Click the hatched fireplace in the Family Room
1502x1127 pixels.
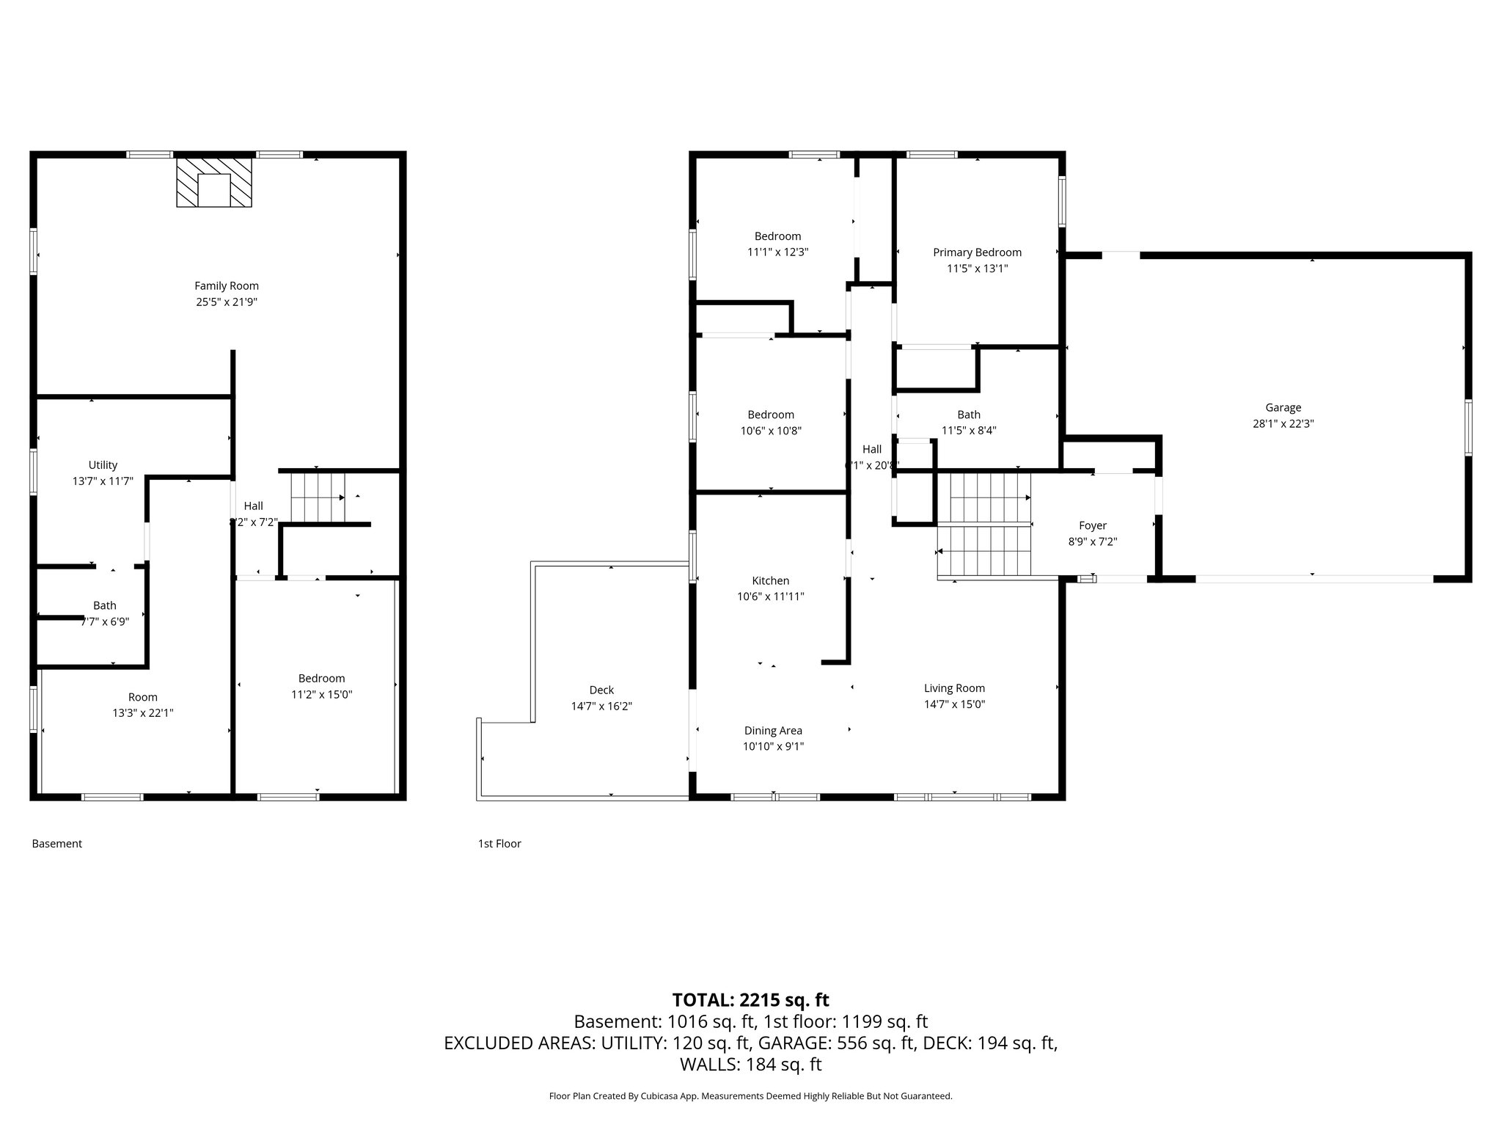point(213,182)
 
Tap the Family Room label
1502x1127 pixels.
point(227,286)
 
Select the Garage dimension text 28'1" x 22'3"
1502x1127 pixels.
point(1283,424)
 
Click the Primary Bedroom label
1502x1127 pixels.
point(977,252)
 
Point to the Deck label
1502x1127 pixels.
point(601,690)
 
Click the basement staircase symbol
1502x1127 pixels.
point(318,497)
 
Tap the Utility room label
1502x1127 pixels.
point(103,465)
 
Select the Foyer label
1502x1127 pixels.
point(1092,526)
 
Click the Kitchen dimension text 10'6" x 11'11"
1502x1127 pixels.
point(770,597)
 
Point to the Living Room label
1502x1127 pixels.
point(953,688)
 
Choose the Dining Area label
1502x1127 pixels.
point(773,731)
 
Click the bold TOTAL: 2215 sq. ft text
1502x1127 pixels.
point(750,1000)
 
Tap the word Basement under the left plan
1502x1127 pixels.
point(56,844)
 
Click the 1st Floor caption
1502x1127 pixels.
point(499,844)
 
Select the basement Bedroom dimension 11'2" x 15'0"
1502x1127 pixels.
point(321,695)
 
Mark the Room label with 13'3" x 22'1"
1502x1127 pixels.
point(142,697)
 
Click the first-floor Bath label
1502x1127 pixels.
point(968,415)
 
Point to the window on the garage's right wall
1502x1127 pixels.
point(1468,427)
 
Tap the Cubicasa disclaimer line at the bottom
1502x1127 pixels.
point(750,1096)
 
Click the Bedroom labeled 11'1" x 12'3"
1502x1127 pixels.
point(777,236)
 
